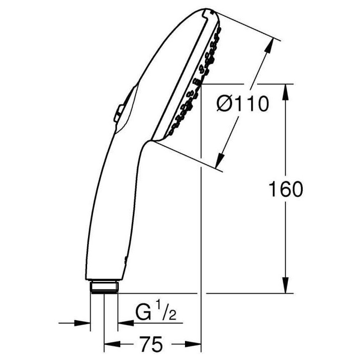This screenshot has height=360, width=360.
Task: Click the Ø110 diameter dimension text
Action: tap(243, 104)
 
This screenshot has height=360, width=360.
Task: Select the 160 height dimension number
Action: tap(285, 189)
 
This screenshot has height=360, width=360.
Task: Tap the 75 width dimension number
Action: tap(151, 344)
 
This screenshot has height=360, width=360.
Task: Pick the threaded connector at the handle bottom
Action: tap(104, 287)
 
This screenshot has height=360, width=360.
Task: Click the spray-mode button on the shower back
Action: tap(119, 113)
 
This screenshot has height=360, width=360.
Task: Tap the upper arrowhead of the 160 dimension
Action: tap(285, 92)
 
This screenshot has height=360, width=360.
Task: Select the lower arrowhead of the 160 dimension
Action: tap(285, 285)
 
